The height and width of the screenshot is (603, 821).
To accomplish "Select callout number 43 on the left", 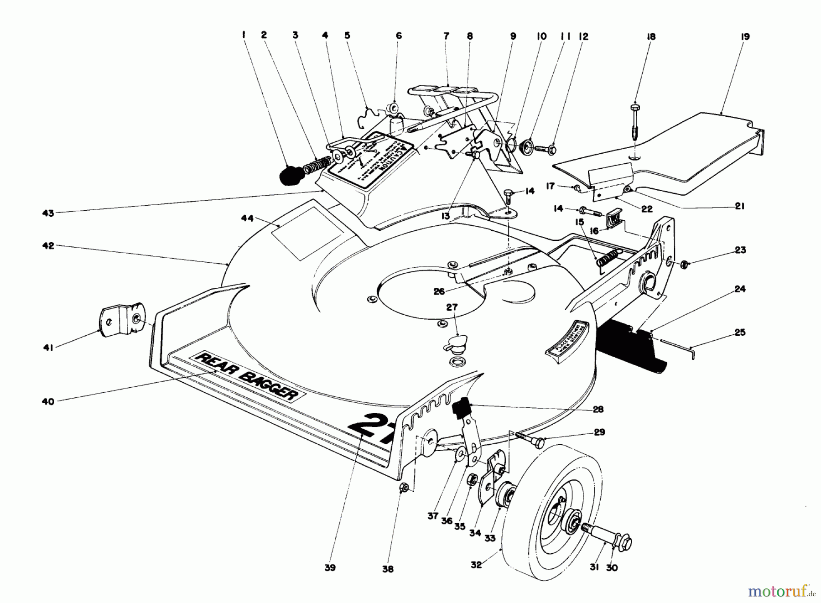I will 48,213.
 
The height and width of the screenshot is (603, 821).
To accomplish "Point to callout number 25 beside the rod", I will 740,332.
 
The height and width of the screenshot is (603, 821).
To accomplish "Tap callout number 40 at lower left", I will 48,401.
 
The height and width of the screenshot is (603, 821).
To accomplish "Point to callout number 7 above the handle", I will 446,36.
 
